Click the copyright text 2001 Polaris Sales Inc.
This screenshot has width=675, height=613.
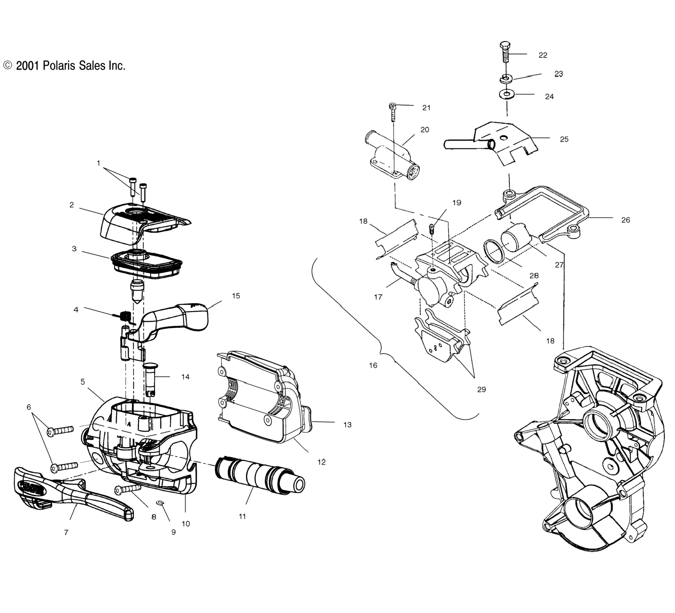(x=64, y=66)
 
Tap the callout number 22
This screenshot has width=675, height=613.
(x=543, y=55)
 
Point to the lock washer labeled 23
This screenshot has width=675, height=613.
(x=506, y=79)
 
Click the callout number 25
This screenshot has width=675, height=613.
(x=564, y=140)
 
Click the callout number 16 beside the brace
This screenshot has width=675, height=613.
(x=373, y=365)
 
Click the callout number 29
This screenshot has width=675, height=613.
(x=481, y=389)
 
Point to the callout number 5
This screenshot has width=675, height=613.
(x=83, y=382)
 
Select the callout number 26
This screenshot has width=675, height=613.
(x=625, y=220)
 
